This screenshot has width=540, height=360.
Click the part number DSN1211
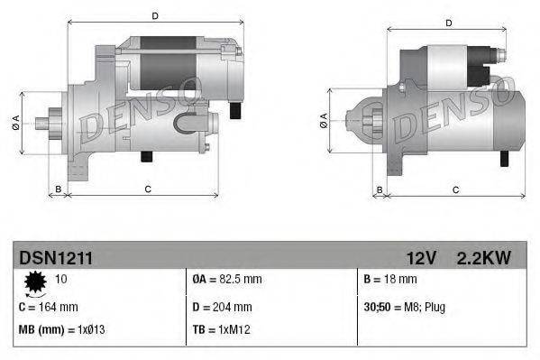pyautogui.click(x=56, y=258)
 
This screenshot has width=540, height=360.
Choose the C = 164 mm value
pyautogui.click(x=48, y=307)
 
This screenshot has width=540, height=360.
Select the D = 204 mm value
pyautogui.click(x=222, y=307)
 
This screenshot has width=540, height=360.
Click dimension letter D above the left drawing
pyautogui.click(x=154, y=16)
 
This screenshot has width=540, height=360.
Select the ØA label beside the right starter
pyautogui.click(x=324, y=119)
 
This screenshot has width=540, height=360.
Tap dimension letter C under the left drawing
pyautogui.click(x=147, y=189)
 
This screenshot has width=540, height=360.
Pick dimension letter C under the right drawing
pyautogui.click(x=455, y=189)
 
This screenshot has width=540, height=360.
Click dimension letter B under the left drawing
pyautogui.click(x=58, y=189)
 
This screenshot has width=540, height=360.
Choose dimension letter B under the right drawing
pyautogui.click(x=380, y=189)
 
